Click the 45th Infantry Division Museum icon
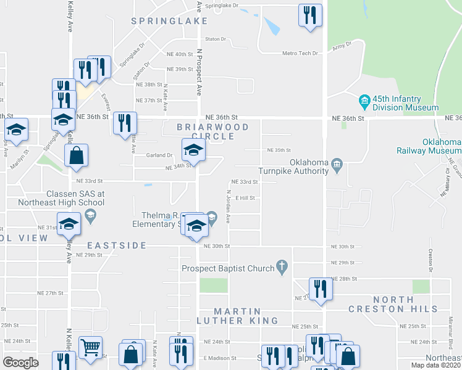tap(364, 100)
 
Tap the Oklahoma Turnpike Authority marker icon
tap(337, 163)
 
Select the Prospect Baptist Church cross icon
tap(282, 266)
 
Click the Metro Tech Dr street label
tap(300, 54)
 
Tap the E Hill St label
tap(245, 198)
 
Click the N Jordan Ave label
tap(228, 206)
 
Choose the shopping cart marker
tap(90, 348)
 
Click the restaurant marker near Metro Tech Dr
tap(310, 15)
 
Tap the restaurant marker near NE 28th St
tap(320, 289)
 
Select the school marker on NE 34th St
tap(193, 150)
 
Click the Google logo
tap(20, 363)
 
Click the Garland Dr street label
tap(159, 155)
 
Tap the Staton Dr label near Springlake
tap(216, 39)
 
